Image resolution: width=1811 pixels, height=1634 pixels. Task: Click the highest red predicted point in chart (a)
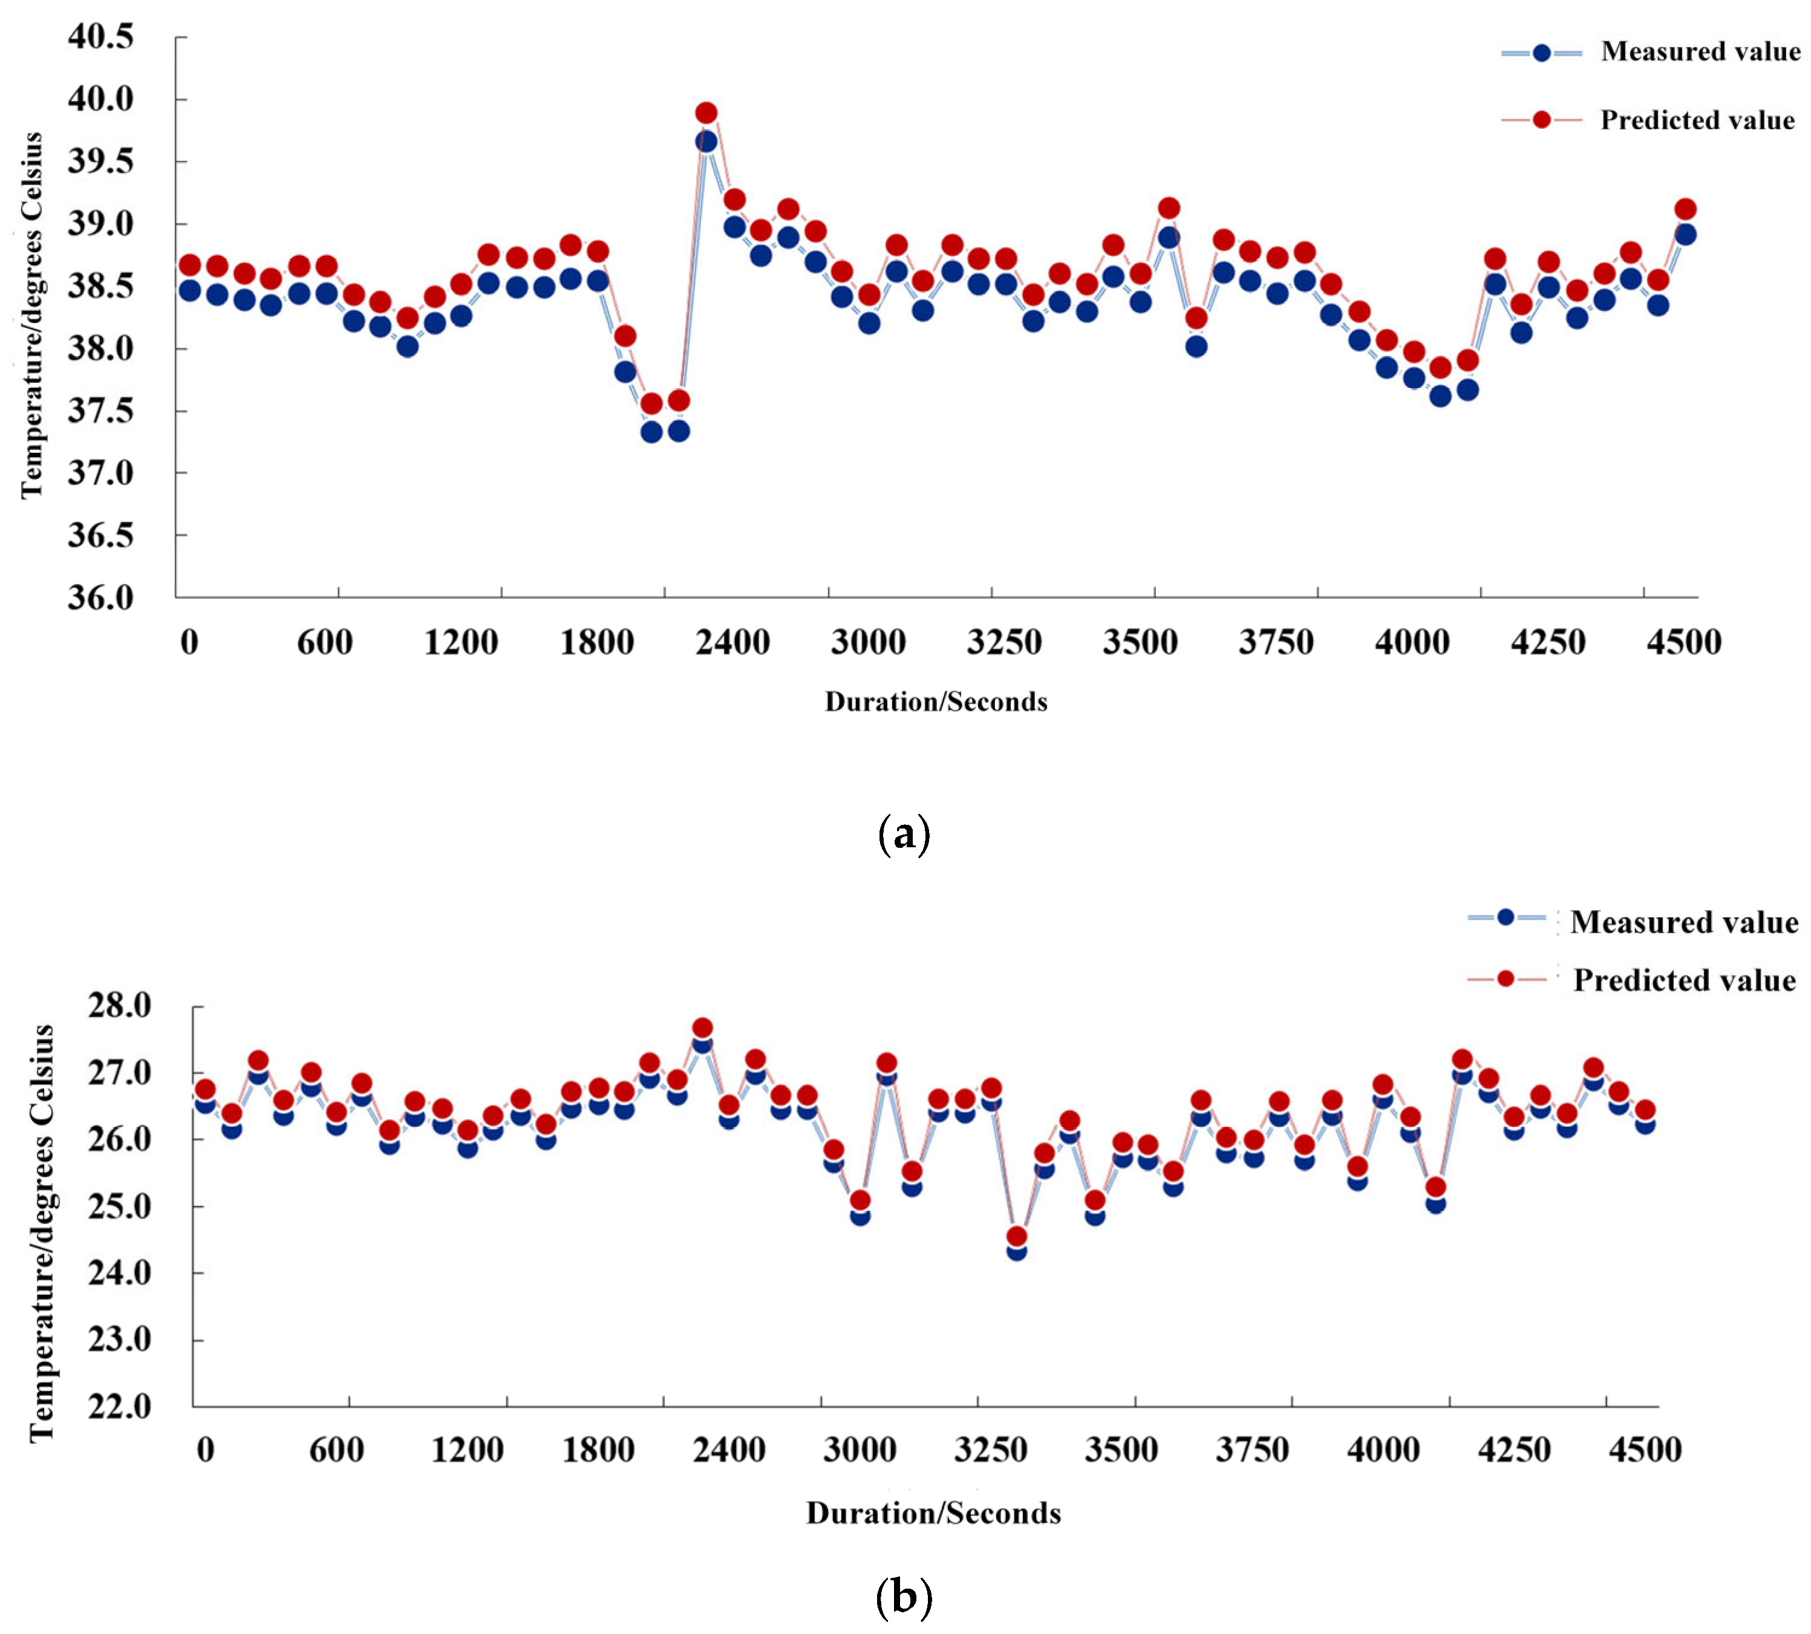point(706,113)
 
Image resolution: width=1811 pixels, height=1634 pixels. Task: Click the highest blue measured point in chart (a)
point(706,142)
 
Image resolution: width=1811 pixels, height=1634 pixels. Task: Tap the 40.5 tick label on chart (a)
point(100,37)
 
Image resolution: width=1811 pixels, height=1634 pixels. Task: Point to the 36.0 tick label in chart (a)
point(100,597)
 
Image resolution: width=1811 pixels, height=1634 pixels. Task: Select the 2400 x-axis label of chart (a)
point(732,643)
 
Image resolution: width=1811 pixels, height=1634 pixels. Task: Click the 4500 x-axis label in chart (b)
point(1645,1450)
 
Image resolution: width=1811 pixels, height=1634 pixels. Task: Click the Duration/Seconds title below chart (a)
point(936,702)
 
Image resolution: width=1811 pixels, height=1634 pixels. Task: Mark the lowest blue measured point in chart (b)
point(1016,1250)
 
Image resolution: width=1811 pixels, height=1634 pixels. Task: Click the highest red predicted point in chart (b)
point(702,1028)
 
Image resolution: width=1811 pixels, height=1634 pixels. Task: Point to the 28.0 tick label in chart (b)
point(119,1006)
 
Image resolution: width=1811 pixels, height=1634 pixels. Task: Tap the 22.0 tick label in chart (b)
point(119,1406)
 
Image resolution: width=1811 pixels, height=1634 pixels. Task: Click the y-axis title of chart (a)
point(31,314)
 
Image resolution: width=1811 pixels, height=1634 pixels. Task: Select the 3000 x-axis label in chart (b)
point(860,1450)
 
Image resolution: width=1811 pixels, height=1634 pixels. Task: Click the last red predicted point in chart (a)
point(1685,209)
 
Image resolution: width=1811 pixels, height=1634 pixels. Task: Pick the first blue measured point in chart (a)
point(189,291)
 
